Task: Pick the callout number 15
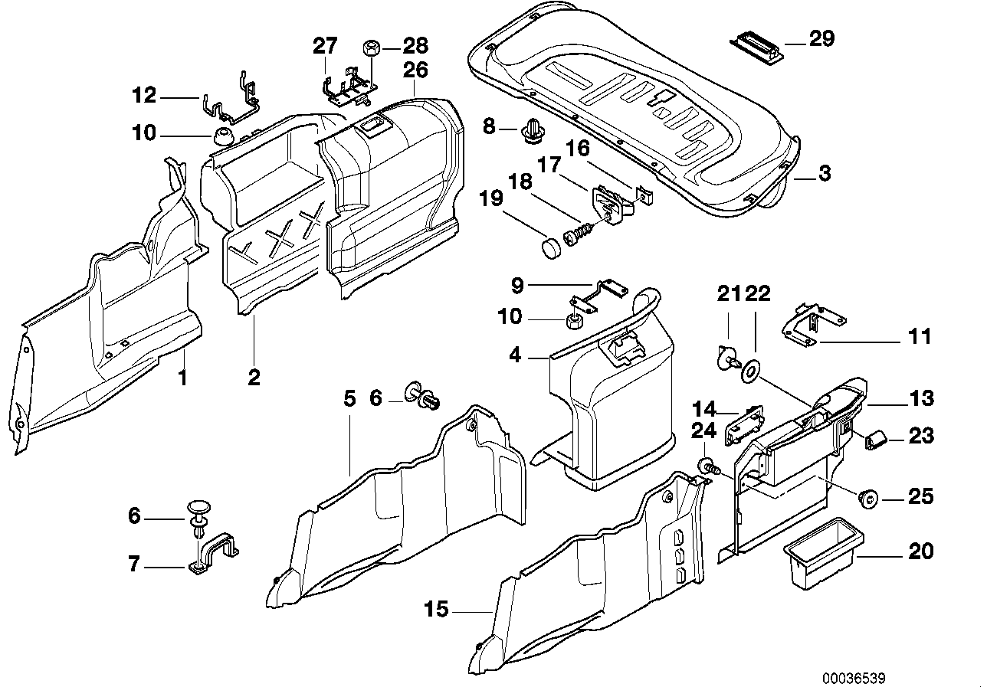coord(436,610)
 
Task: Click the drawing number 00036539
coord(854,679)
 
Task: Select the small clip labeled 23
coord(875,440)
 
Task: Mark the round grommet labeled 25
coord(869,499)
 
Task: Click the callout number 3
coord(824,173)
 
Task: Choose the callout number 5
coord(349,398)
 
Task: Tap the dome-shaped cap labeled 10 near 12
coord(223,139)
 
